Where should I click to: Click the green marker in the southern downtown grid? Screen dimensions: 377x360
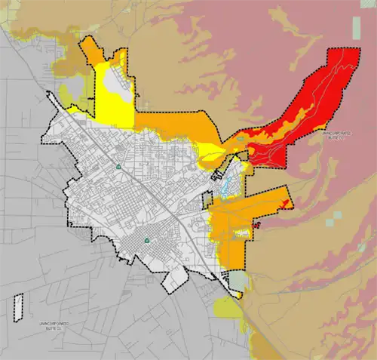147,241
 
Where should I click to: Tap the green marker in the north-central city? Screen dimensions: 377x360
118,165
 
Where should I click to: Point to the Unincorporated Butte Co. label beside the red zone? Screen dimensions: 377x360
333,136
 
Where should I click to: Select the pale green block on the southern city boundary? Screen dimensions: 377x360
238,282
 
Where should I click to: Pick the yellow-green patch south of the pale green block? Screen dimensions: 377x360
226,307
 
